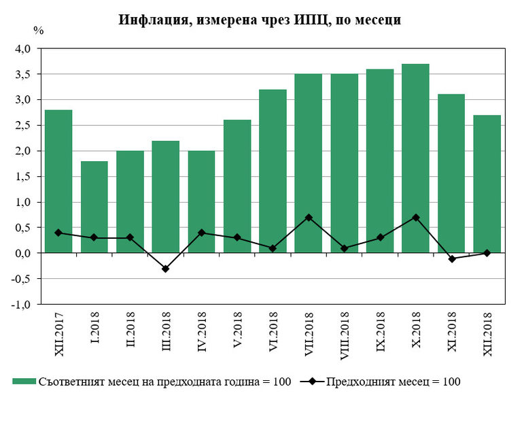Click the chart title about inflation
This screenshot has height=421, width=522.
260,20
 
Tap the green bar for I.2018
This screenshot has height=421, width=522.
94,207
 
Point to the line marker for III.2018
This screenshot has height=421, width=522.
165,269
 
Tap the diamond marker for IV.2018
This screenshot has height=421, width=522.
201,233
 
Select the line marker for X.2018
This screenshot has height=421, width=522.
415,218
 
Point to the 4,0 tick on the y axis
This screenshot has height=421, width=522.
23,49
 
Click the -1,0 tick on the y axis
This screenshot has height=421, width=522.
22,304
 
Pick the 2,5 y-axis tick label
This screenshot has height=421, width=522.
23,125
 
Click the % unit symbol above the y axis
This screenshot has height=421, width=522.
39,30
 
